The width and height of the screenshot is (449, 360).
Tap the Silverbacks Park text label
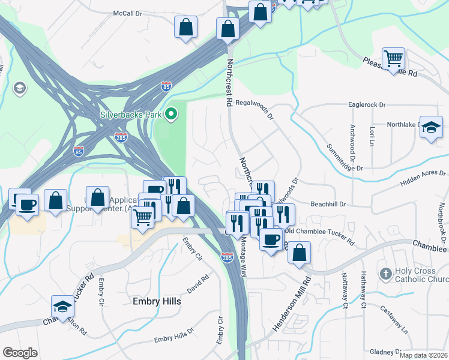(x=131, y=113)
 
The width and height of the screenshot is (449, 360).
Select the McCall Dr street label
(x=127, y=13)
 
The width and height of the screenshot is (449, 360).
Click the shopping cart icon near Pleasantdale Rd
(x=393, y=59)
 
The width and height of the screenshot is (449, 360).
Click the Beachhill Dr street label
(x=328, y=204)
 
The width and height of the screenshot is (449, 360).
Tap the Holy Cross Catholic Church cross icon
(x=385, y=274)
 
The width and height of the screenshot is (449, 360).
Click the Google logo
(x=20, y=353)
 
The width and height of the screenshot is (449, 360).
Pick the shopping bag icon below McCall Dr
(x=185, y=28)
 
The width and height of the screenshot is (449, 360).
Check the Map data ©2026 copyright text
(x=423, y=355)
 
